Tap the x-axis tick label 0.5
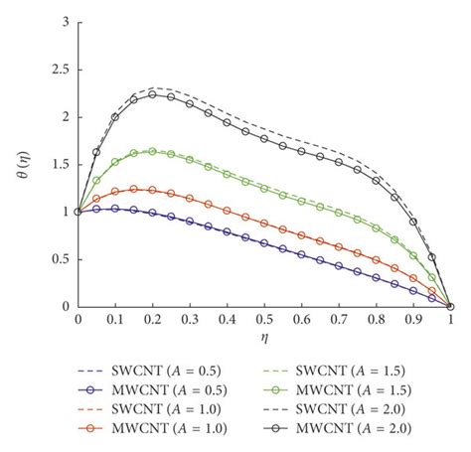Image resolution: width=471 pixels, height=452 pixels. point(264,321)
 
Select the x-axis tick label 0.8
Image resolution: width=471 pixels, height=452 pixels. point(377,321)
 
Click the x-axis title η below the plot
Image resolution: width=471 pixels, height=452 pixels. point(264,338)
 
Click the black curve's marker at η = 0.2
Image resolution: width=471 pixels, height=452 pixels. point(152,94)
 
